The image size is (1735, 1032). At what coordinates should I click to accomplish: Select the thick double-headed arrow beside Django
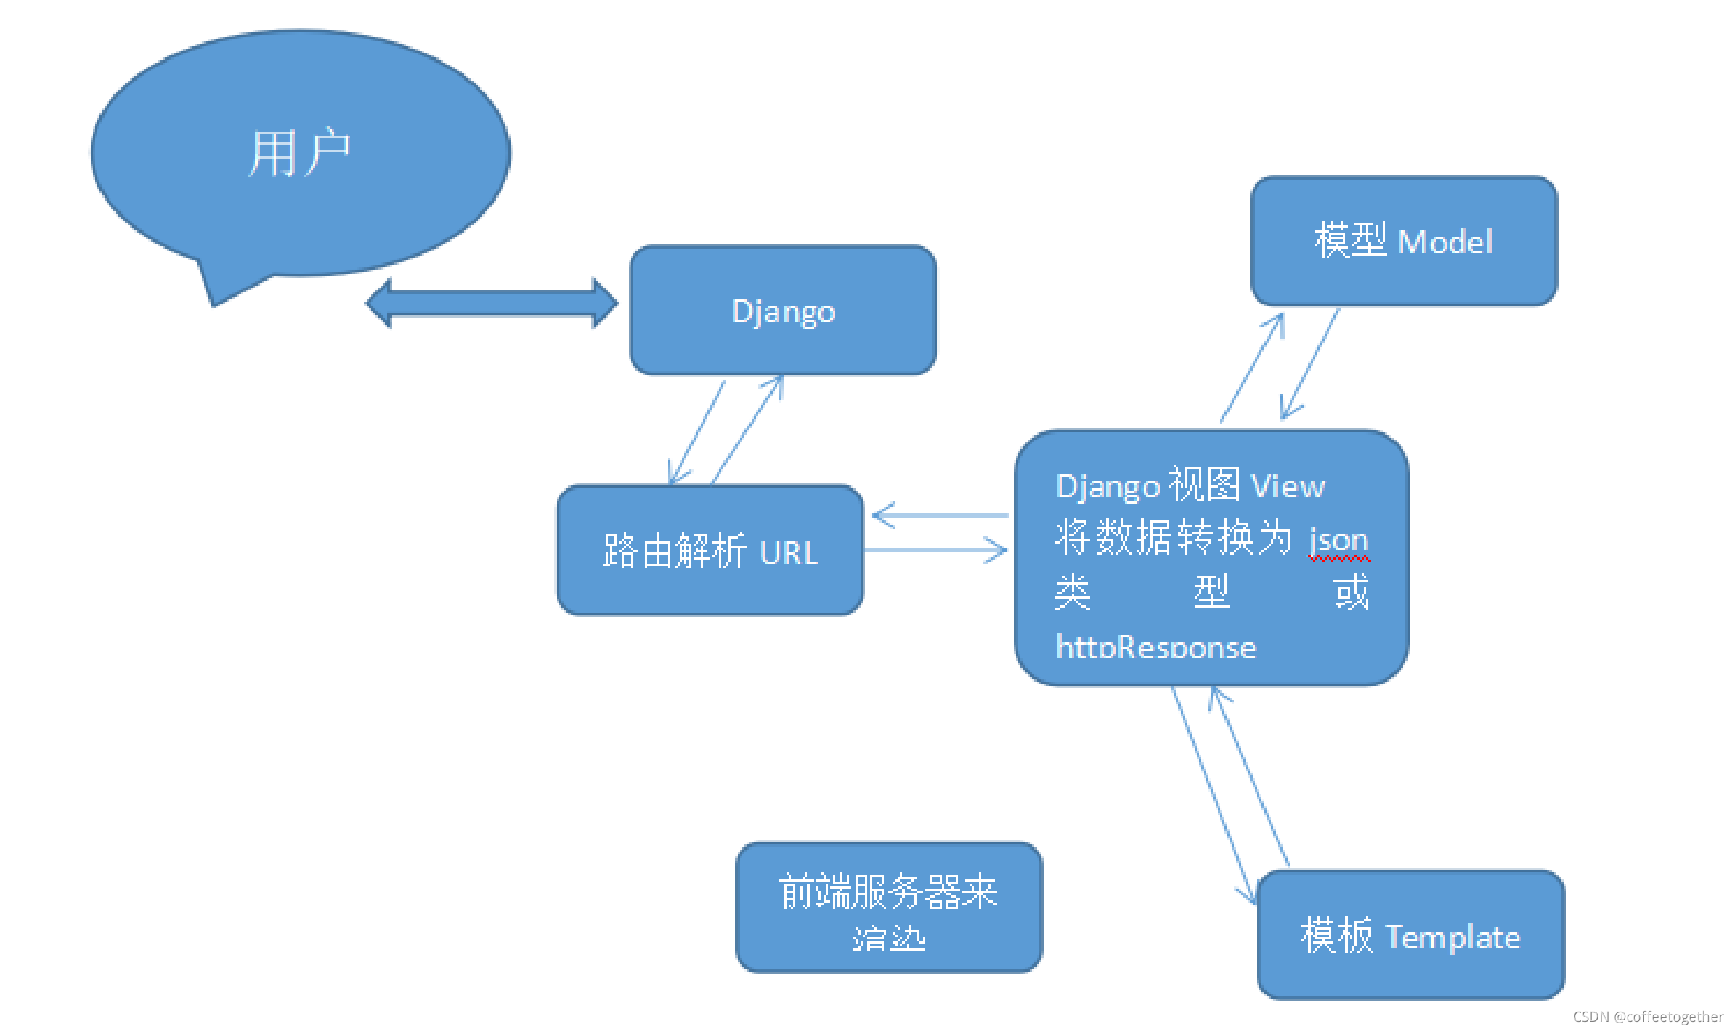click(492, 303)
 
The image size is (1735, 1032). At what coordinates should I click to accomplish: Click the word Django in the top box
click(783, 312)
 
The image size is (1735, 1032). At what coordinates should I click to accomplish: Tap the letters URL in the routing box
click(789, 553)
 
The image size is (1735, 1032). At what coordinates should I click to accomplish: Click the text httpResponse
click(1155, 648)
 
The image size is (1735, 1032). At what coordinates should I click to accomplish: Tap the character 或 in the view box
click(1352, 592)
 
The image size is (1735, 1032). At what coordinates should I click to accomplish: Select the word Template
click(1452, 938)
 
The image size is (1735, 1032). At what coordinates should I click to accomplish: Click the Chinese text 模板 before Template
click(1336, 935)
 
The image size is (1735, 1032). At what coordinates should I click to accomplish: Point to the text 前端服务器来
click(888, 892)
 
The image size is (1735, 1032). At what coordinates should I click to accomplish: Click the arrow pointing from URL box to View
click(937, 550)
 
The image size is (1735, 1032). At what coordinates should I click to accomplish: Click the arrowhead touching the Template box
click(1250, 898)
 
